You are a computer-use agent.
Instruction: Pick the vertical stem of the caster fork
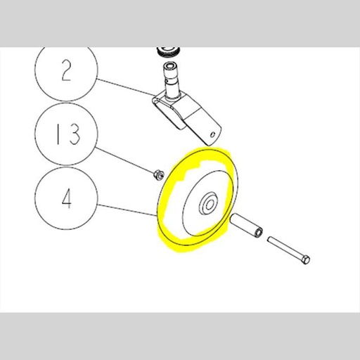(172, 77)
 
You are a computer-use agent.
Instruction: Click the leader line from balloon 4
(127, 210)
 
